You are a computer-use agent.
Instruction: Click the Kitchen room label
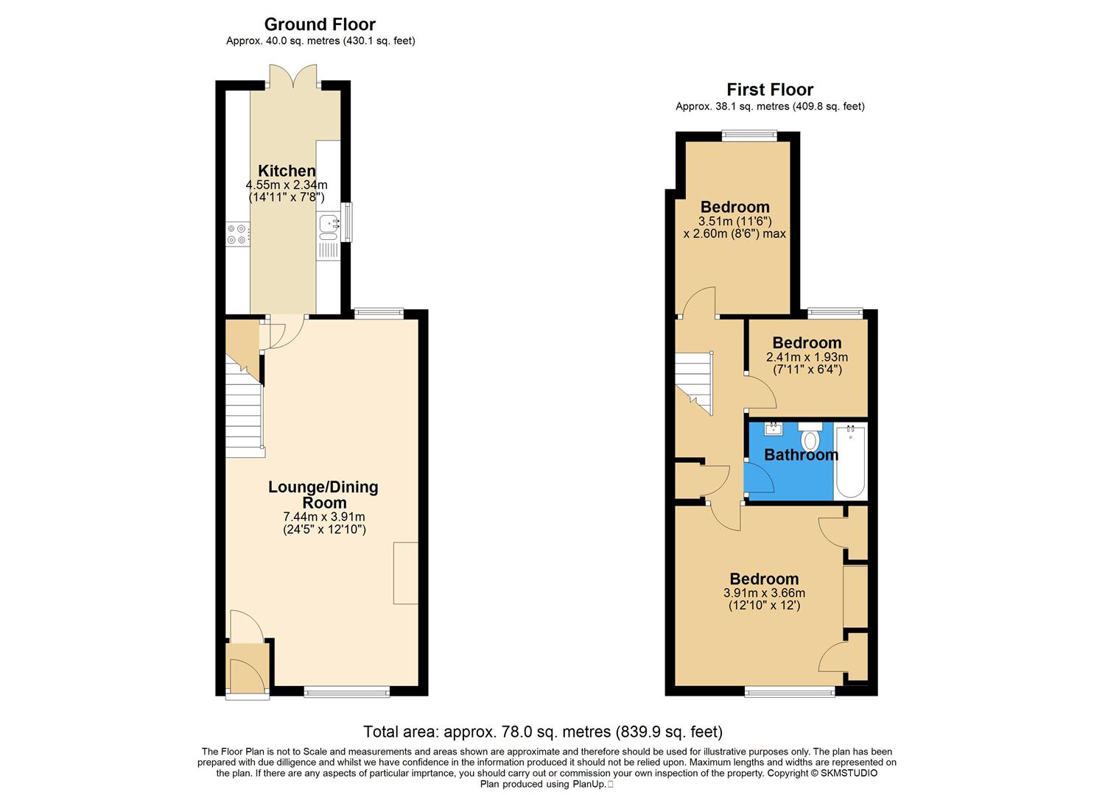(287, 171)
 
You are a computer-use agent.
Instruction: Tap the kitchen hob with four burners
(237, 234)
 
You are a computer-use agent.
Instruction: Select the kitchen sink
(329, 227)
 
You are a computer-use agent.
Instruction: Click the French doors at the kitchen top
(295, 78)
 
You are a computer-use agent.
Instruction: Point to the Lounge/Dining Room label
(323, 494)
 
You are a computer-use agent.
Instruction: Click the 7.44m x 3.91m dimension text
(324, 517)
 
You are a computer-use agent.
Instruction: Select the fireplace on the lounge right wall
(406, 573)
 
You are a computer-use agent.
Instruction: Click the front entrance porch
(248, 667)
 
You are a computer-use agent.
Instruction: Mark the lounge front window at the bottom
(346, 691)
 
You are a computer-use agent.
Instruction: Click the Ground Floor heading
(320, 25)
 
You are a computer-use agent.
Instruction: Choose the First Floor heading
(770, 90)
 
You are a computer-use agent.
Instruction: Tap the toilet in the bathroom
(810, 438)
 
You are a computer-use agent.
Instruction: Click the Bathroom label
(801, 455)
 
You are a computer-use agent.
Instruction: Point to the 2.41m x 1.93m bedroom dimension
(807, 357)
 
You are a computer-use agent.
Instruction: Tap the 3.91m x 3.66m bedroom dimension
(764, 593)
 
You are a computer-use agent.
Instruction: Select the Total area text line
(543, 732)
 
